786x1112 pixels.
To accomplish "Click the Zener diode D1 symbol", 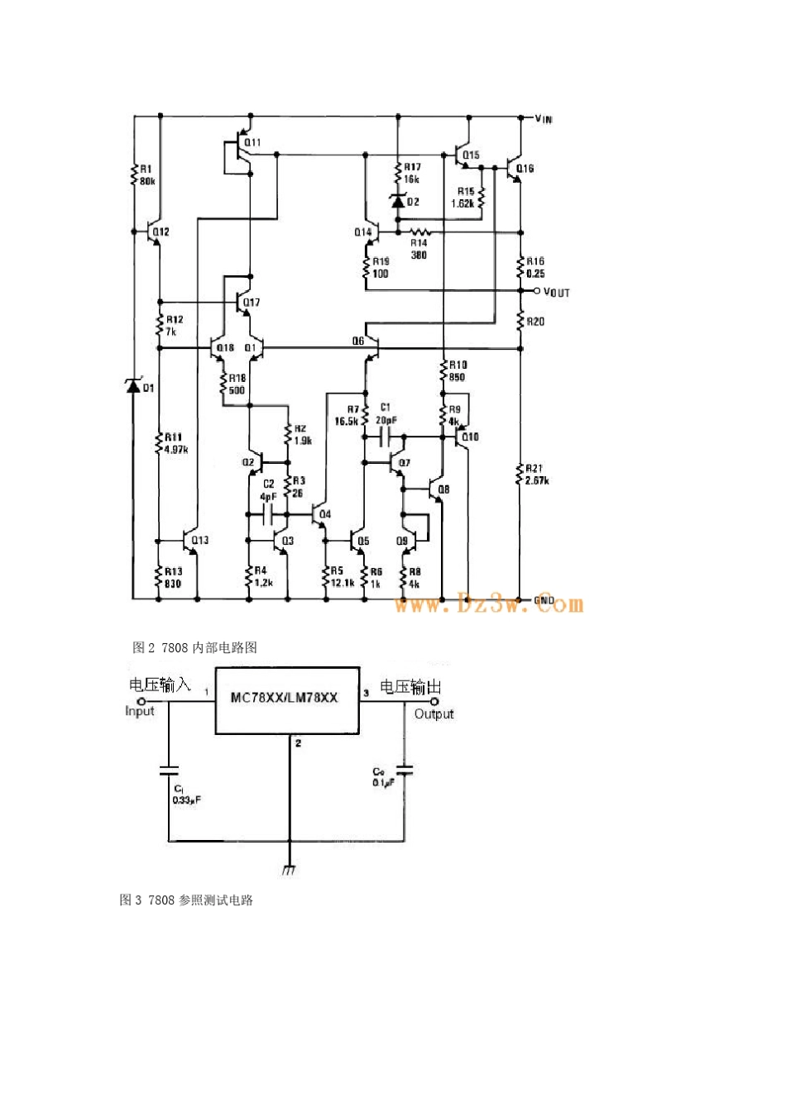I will pyautogui.click(x=133, y=385).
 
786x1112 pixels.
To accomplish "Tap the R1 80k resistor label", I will pyautogui.click(x=146, y=175).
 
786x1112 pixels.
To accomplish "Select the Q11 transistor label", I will pyautogui.click(x=252, y=142).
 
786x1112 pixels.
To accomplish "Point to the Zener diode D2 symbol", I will pyautogui.click(x=399, y=201).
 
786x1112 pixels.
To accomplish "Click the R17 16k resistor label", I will pyautogui.click(x=411, y=173).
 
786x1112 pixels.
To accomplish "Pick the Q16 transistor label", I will pyautogui.click(x=525, y=169).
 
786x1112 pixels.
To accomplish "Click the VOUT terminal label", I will pyautogui.click(x=556, y=293).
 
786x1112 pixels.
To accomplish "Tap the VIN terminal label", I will pyautogui.click(x=543, y=119).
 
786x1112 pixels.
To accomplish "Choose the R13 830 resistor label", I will pyautogui.click(x=173, y=576).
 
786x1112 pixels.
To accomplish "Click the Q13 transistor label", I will pyautogui.click(x=199, y=540).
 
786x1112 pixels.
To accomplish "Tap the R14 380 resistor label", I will pyautogui.click(x=419, y=249).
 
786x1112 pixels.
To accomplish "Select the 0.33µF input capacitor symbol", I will pyautogui.click(x=170, y=770).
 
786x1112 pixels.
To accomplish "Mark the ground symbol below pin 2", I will pyautogui.click(x=290, y=869).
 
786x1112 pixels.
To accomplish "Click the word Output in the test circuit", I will pyautogui.click(x=434, y=714).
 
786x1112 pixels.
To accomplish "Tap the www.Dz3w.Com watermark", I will pyautogui.click(x=489, y=604).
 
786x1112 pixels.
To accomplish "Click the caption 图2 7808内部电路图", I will pyautogui.click(x=195, y=647).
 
